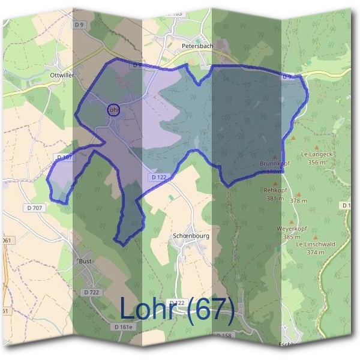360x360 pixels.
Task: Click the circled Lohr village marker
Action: coord(113,110)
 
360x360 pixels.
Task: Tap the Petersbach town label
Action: coord(197,45)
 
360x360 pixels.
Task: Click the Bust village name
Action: coord(85,262)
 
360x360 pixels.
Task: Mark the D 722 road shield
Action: coord(91,292)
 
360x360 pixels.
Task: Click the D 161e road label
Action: coord(123,327)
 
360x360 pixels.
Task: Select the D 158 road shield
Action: coord(223,335)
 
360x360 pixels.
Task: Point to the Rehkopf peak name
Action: coord(274,190)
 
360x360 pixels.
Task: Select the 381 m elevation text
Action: coord(274,198)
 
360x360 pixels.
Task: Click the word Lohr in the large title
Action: coord(150,309)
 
